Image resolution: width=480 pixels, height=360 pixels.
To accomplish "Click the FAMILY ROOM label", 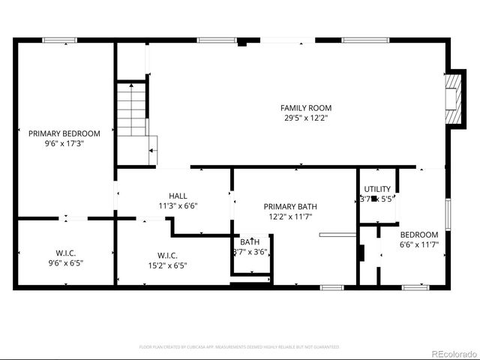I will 305,108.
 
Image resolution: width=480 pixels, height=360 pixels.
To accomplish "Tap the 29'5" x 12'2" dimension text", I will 305,118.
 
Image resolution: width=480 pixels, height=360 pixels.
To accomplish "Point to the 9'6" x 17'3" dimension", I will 64,143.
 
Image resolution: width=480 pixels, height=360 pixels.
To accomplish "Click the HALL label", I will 178,196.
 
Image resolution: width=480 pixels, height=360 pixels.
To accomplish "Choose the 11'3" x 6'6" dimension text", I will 178,205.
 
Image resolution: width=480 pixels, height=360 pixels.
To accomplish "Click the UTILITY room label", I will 376,189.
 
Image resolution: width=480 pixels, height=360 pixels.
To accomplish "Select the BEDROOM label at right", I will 418,235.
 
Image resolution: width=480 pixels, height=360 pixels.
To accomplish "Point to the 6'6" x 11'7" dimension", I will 418,244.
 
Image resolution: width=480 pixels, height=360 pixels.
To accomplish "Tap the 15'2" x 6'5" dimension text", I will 167,265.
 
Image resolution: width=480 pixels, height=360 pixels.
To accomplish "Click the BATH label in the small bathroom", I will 250,241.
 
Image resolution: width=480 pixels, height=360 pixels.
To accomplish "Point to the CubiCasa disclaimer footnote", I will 239,347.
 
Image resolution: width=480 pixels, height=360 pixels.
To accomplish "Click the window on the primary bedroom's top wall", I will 59,40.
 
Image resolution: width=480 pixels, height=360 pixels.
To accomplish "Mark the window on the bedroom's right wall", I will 448,212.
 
